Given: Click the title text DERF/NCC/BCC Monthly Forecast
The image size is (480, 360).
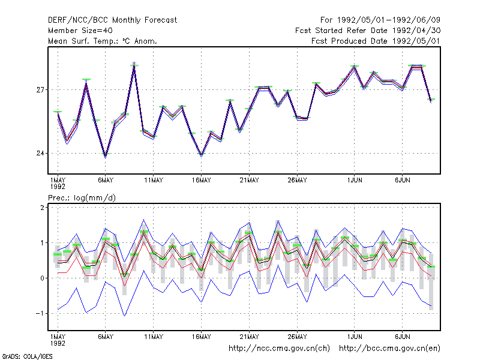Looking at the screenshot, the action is pyautogui.click(x=112, y=20).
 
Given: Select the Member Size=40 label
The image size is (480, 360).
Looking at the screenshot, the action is pyautogui.click(x=80, y=31).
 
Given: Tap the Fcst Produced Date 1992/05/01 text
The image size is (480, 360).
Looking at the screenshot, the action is pyautogui.click(x=376, y=41).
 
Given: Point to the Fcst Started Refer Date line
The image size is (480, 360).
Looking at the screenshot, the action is pyautogui.click(x=368, y=31).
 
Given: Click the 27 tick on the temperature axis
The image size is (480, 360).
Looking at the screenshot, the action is pyautogui.click(x=40, y=90).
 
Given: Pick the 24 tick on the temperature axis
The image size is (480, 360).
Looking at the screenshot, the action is pyautogui.click(x=40, y=153).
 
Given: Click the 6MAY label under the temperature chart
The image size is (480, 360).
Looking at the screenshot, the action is pyautogui.click(x=106, y=181).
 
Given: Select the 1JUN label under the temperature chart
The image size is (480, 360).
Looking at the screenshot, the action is pyautogui.click(x=355, y=181).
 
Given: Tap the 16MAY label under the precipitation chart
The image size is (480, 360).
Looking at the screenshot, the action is pyautogui.click(x=202, y=337).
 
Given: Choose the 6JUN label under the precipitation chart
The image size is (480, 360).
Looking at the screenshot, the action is pyautogui.click(x=402, y=337).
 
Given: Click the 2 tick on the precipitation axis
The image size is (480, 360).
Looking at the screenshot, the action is pyautogui.click(x=42, y=208).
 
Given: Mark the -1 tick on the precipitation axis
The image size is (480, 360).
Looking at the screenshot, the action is pyautogui.click(x=40, y=313).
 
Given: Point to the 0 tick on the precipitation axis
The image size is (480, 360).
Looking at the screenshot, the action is pyautogui.click(x=42, y=278).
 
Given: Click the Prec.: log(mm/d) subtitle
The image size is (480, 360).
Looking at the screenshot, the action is pyautogui.click(x=82, y=198).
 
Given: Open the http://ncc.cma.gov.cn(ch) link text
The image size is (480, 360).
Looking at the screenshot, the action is pyautogui.click(x=279, y=349).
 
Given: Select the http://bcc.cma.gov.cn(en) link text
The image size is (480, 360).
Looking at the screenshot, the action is pyautogui.click(x=389, y=349).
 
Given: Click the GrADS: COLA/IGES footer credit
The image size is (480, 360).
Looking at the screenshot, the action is pyautogui.click(x=27, y=356).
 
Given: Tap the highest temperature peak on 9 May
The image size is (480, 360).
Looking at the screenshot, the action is pyautogui.click(x=134, y=65).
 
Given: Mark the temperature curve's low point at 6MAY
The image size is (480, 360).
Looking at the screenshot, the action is pyautogui.click(x=106, y=155).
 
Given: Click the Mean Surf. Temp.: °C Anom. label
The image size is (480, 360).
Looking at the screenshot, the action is pyautogui.click(x=103, y=41).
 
